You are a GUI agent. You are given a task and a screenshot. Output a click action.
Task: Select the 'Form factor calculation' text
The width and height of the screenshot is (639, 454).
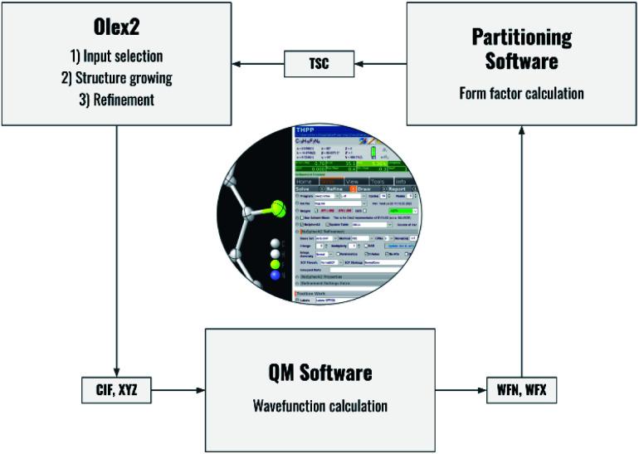(x=521, y=93)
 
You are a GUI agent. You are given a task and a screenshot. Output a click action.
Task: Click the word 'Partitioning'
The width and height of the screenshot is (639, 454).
(x=521, y=37)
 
